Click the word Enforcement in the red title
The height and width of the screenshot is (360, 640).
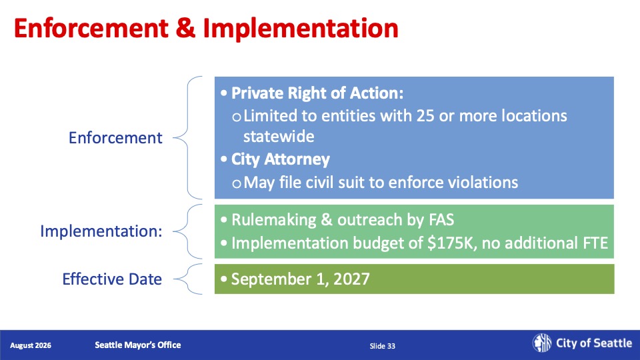point(91,28)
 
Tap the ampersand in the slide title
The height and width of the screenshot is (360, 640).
point(186,28)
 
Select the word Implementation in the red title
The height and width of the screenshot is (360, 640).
point(301,29)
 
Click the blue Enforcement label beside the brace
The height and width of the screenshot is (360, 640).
point(115,138)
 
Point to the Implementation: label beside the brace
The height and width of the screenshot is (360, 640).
point(101,231)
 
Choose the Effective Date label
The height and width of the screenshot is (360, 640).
point(112,279)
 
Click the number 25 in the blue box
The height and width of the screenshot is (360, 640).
point(425,116)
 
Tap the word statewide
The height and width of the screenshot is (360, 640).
point(279,136)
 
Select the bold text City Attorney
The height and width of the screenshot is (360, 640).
point(281,159)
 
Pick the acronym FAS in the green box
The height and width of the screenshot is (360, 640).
point(441,220)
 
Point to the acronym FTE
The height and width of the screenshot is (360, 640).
point(595,243)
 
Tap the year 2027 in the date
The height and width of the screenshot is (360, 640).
point(351,279)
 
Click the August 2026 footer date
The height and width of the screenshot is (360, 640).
point(31,345)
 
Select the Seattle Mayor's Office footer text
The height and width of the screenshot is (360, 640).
point(138,345)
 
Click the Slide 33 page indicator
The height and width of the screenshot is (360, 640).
point(383,346)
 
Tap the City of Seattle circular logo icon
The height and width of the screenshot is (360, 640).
point(541,343)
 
